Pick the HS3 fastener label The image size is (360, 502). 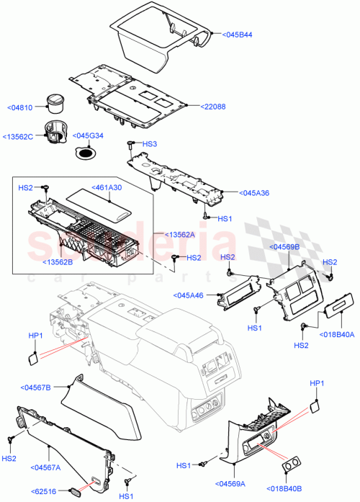[149, 144]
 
